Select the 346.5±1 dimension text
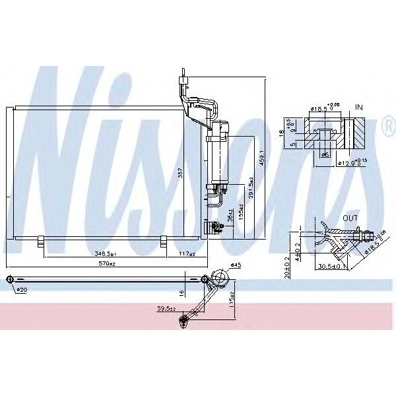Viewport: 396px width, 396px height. (105, 253)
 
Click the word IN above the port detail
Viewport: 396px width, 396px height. (359, 106)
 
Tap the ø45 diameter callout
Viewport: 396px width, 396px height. (236, 266)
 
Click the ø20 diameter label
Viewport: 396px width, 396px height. (21, 290)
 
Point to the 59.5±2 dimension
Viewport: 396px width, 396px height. (165, 308)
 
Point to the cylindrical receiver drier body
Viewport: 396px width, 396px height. (216, 159)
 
